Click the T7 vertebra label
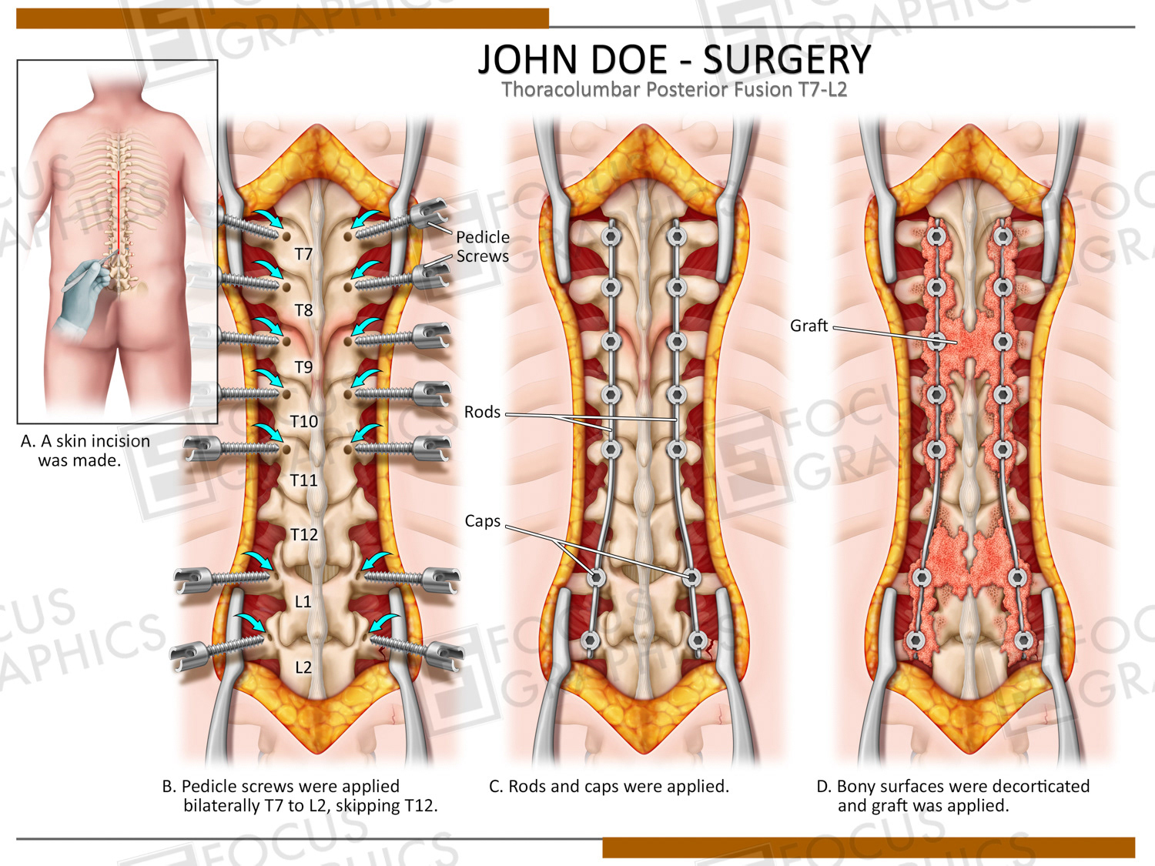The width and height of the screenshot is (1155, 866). click(303, 254)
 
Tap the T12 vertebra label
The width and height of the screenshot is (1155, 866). click(304, 534)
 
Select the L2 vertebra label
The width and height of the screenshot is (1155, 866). click(303, 667)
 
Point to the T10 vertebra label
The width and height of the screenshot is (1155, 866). click(304, 421)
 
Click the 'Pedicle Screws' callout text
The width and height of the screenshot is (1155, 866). click(482, 246)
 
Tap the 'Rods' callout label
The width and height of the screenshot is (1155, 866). click(482, 413)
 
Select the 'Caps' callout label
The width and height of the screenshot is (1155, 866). click(482, 521)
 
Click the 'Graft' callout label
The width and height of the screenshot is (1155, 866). click(808, 326)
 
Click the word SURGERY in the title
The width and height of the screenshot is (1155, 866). click(787, 60)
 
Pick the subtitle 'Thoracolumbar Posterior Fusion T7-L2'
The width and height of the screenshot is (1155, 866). click(674, 90)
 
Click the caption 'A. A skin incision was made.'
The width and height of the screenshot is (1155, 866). click(85, 450)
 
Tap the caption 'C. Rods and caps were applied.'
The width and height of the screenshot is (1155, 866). click(608, 786)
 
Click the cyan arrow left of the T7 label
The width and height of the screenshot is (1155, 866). click(269, 219)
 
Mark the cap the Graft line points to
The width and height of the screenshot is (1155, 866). click(936, 340)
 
